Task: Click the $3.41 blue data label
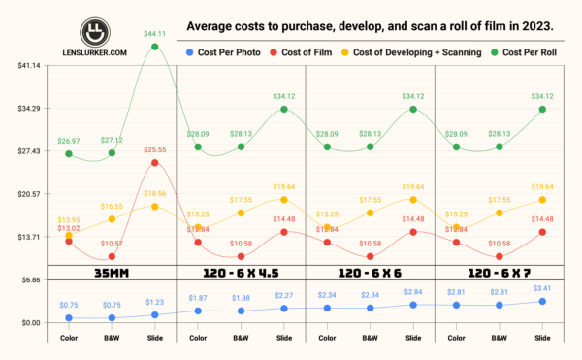pyautogui.click(x=542, y=288)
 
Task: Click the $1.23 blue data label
pyautogui.click(x=155, y=302)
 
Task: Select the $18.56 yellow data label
pyautogui.click(x=155, y=194)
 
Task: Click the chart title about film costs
pyautogui.click(x=372, y=26)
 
